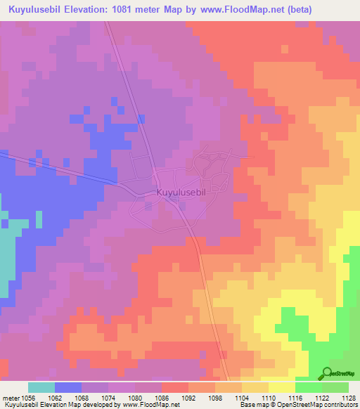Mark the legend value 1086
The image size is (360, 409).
[162, 397]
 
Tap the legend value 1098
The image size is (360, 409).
[215, 397]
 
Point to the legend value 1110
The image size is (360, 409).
[269, 397]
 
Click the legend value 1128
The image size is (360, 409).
[349, 397]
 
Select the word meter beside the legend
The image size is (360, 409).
[10, 397]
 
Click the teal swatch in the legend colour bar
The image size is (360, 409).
[41, 387]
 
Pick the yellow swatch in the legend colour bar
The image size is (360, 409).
[282, 387]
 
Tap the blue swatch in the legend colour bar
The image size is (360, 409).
[68, 387]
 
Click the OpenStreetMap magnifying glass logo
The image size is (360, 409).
[328, 374]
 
